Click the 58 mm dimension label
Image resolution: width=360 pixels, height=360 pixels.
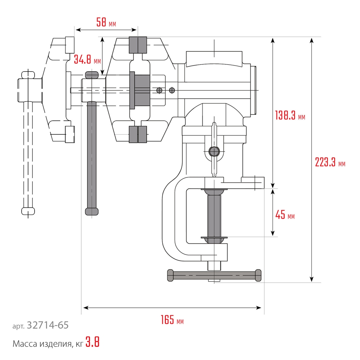tap(106, 22)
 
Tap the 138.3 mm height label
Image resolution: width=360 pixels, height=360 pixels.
tap(290, 116)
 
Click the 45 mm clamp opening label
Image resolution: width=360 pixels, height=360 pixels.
tap(285, 215)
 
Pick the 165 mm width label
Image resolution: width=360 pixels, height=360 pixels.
tap(172, 320)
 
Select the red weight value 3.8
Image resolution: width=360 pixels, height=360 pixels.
tap(93, 342)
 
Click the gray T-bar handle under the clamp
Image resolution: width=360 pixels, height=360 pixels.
tap(214, 275)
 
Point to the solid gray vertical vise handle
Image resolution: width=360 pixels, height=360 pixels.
tap(92, 155)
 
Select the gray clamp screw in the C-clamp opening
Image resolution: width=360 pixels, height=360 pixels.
tap(215, 214)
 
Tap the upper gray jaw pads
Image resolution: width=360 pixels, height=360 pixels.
tap(138, 45)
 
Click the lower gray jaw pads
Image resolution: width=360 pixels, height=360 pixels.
tap(138, 134)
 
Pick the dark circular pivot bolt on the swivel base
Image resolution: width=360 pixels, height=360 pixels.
tap(214, 151)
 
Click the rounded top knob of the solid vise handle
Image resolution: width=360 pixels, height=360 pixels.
tap(92, 75)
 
